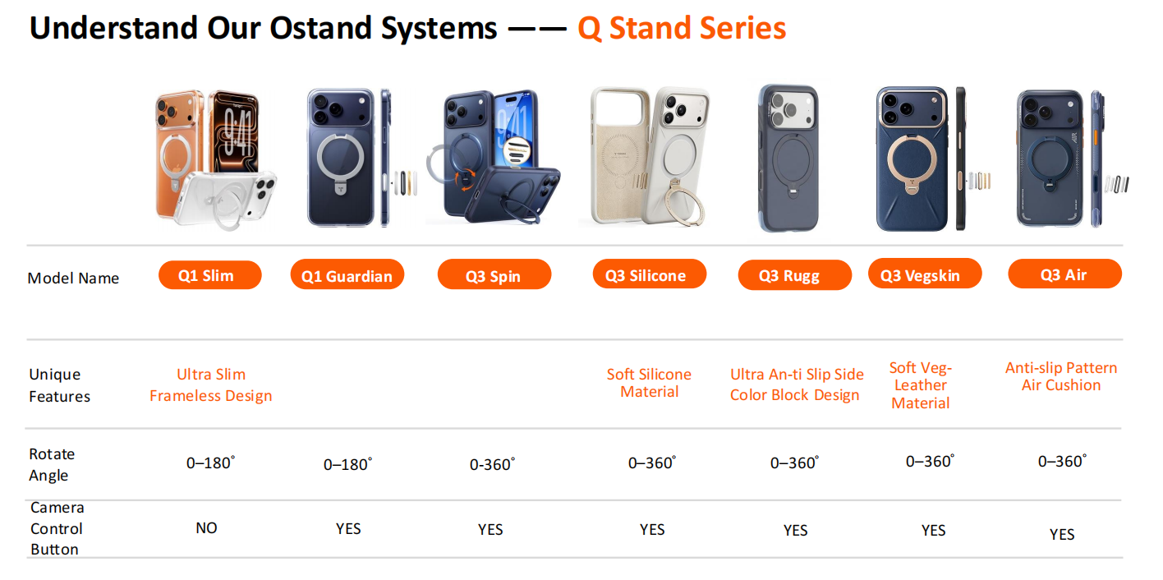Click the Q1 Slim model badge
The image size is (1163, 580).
click(x=209, y=275)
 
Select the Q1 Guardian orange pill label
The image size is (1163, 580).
click(x=347, y=276)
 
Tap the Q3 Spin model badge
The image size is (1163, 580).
click(x=494, y=276)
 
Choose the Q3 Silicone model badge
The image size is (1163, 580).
click(x=649, y=275)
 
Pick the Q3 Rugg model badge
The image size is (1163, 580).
click(x=793, y=276)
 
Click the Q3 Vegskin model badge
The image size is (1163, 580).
click(x=924, y=275)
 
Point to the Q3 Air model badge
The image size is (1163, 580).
click(x=1064, y=274)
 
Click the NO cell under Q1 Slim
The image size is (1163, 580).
click(x=207, y=528)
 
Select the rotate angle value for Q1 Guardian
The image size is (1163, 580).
click(x=347, y=464)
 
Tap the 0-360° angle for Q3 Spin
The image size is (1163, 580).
click(x=492, y=464)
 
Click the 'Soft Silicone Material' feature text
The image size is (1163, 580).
click(x=649, y=383)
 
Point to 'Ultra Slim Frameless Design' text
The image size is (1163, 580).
click(x=210, y=385)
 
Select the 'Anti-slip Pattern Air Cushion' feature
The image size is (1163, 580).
click(x=1061, y=376)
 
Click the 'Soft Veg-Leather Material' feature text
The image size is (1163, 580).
click(x=920, y=385)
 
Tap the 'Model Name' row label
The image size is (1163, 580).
click(x=73, y=278)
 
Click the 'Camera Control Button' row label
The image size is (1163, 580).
click(x=57, y=528)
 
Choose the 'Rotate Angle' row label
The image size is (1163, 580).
click(x=52, y=464)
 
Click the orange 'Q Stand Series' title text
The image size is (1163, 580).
click(x=682, y=29)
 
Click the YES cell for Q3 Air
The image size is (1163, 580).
click(x=1061, y=535)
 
